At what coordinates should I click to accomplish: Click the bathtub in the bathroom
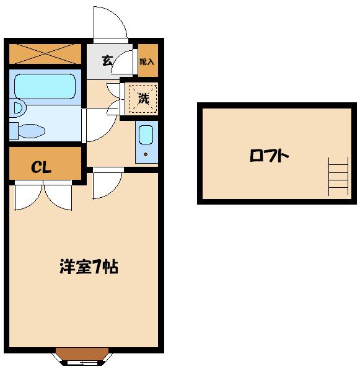pos(44,86)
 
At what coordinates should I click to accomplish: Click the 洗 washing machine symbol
pos(143,98)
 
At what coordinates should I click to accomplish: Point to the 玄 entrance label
pos(107,61)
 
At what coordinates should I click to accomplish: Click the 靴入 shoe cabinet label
pos(147,61)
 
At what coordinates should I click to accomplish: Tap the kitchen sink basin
pos(146,135)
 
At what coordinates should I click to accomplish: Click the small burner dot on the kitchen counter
pos(146,154)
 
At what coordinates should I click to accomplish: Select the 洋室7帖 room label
pos(89,267)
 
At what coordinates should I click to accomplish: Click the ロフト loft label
pos(270,156)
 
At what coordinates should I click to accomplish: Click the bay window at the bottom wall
pos(82,356)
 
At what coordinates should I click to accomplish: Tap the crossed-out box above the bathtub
pos(45,54)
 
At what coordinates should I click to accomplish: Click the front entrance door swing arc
pos(110,24)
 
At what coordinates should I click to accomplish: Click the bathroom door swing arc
pos(97,124)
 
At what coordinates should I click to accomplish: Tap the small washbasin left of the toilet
pos(16,109)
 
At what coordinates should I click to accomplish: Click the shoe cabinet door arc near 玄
pos(127,61)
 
